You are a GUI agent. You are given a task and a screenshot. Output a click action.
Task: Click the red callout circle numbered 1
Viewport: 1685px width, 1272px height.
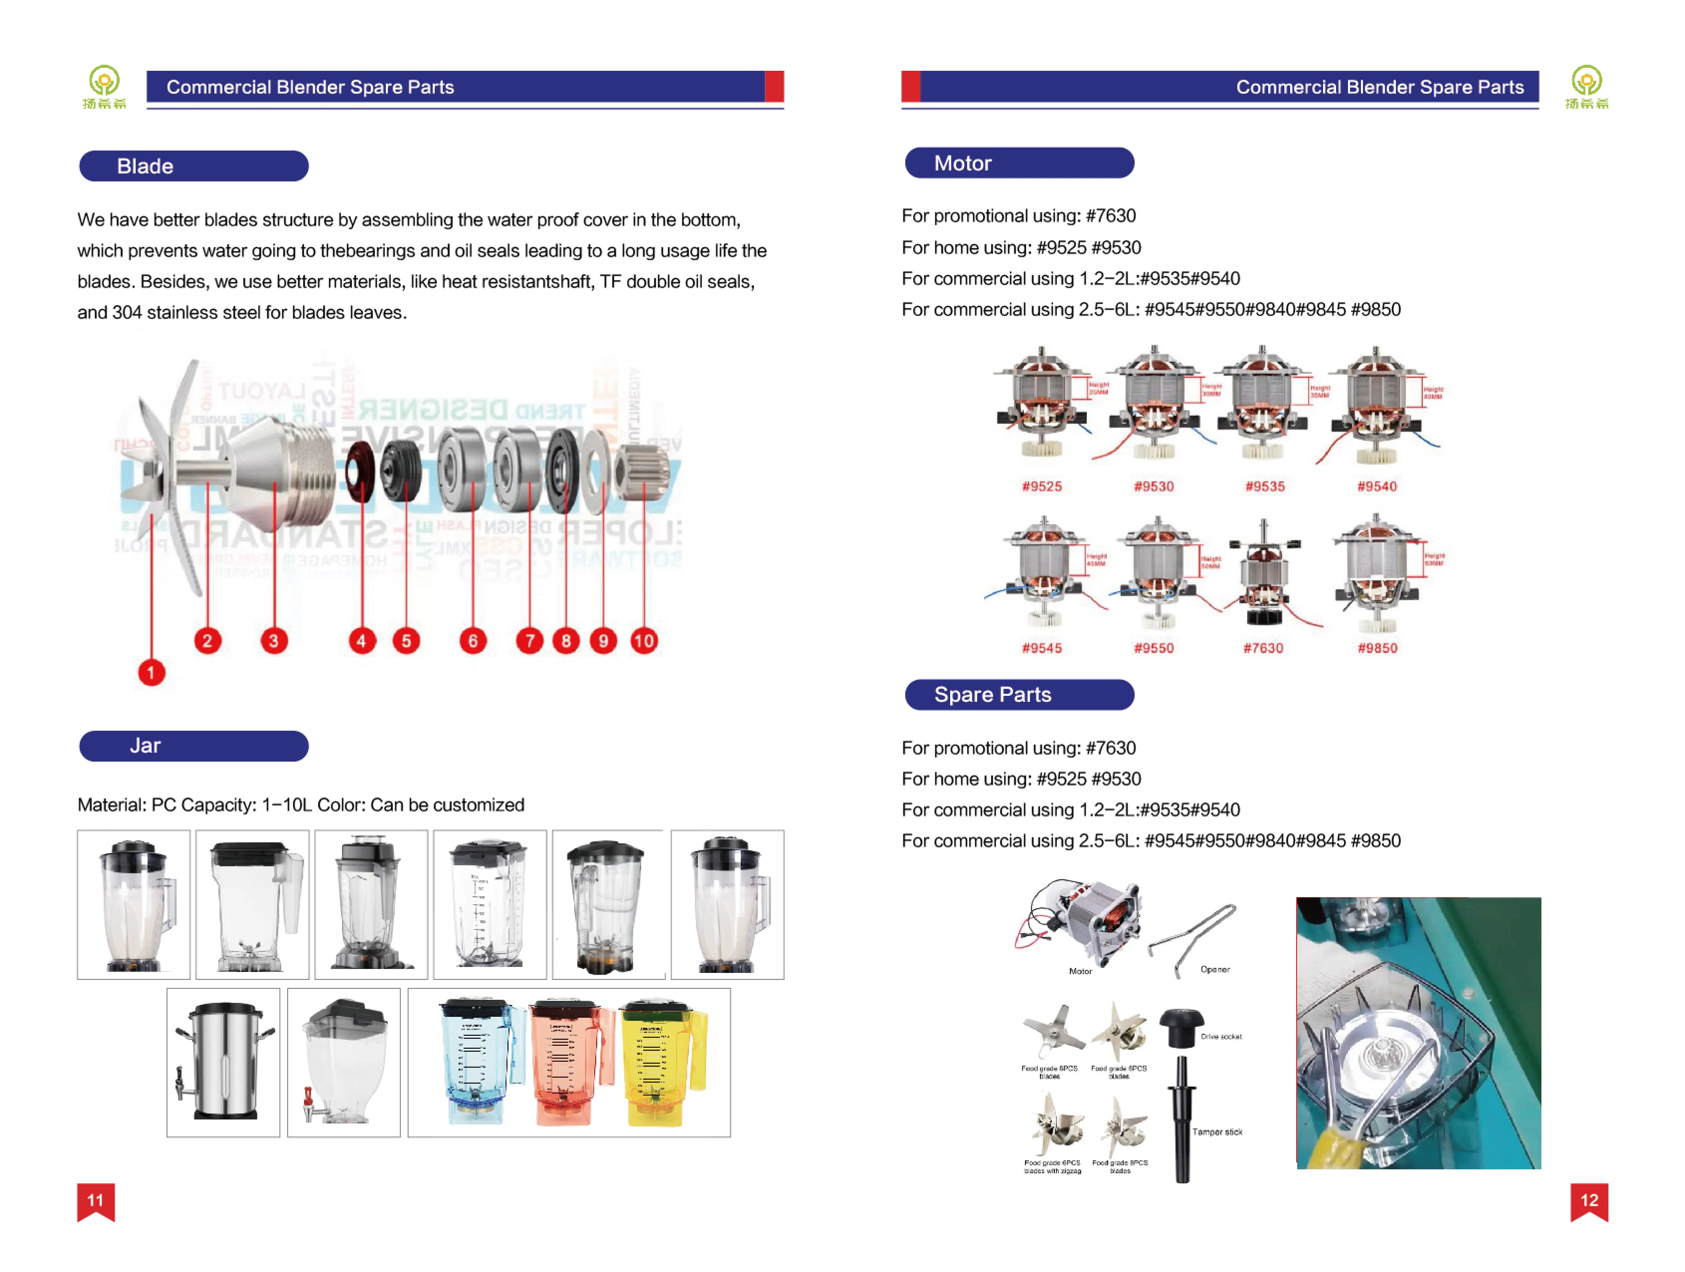pos(151,672)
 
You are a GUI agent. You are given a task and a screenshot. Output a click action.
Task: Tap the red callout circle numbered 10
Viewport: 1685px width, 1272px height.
pos(644,640)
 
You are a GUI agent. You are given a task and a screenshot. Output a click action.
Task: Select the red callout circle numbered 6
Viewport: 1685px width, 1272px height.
pos(472,640)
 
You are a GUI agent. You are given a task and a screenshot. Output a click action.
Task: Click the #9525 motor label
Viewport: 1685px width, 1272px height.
pos(1041,486)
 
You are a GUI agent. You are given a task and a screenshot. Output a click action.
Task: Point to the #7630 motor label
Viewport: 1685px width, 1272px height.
pos(1263,648)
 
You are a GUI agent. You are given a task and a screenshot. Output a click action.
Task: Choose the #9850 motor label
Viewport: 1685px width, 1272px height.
pos(1377,648)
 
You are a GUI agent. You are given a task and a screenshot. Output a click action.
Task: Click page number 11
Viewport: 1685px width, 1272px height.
pos(95,1200)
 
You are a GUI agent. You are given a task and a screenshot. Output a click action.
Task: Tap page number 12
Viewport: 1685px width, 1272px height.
pos(1589,1200)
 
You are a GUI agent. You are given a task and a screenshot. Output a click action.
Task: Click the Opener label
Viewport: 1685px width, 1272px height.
pos(1215,969)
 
